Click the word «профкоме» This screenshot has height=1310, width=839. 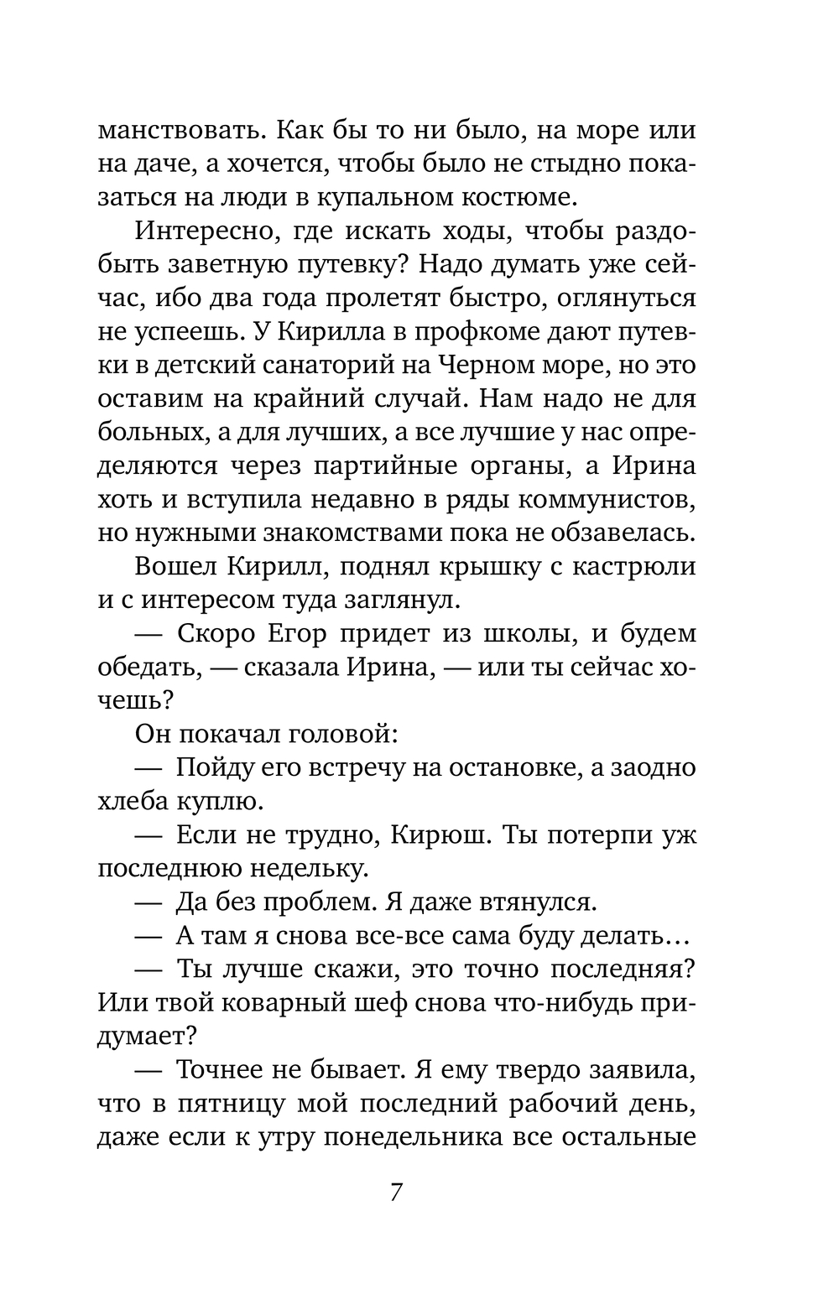(487, 333)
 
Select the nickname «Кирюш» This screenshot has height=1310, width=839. (464, 836)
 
